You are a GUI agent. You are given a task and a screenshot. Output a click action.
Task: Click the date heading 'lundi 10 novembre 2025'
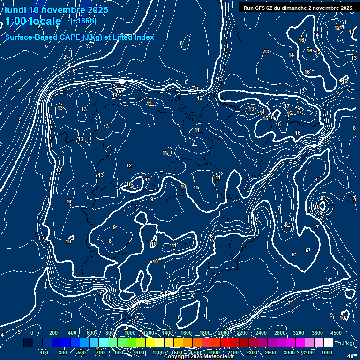[56, 10]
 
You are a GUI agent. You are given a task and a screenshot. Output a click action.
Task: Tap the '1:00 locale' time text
[33, 21]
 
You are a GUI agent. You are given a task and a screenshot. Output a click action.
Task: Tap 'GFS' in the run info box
[260, 8]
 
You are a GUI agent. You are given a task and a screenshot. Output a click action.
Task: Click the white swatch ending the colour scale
[328, 343]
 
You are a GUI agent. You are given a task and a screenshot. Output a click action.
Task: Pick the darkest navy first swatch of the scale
[28, 343]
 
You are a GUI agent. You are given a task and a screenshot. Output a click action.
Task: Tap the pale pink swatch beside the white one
[319, 343]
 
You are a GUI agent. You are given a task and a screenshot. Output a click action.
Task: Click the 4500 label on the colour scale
[336, 333]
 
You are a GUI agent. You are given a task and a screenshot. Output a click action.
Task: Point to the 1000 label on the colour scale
[129, 333]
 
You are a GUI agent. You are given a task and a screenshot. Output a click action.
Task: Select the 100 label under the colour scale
[45, 352]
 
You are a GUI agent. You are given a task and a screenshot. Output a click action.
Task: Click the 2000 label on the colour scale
[224, 333]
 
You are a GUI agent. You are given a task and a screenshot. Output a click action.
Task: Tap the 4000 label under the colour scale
[327, 352]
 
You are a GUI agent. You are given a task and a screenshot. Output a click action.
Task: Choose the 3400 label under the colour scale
[308, 352]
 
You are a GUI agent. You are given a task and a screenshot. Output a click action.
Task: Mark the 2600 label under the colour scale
[270, 352]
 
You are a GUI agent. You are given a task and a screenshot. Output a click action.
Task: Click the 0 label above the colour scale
[32, 333]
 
